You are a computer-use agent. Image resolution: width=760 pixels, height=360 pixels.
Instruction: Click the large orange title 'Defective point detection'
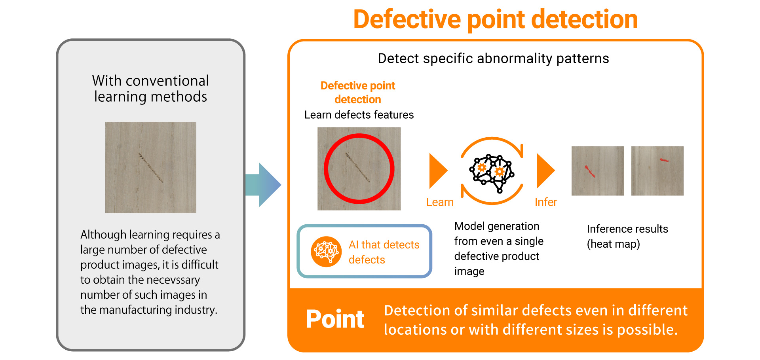coord(495,19)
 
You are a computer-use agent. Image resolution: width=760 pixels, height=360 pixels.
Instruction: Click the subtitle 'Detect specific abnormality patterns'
coord(493,59)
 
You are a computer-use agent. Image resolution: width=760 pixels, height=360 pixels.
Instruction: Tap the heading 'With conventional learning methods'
coord(150,89)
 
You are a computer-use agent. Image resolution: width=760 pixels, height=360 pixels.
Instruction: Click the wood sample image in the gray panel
coord(150,167)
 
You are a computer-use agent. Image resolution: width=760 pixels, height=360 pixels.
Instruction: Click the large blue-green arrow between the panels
coord(263,185)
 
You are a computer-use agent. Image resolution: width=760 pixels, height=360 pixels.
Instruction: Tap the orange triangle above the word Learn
coord(437,171)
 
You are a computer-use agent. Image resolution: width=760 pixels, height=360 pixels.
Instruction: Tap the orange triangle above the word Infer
coord(544,171)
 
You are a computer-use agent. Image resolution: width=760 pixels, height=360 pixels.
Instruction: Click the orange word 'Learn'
coord(440,202)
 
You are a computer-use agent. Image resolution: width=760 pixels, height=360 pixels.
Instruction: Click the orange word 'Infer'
coord(545,202)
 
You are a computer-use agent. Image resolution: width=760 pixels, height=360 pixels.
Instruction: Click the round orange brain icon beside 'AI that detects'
coord(326,252)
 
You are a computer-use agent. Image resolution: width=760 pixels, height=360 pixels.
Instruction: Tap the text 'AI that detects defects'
coord(384,252)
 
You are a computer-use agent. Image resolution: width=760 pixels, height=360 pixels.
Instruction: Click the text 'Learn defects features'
coord(359,115)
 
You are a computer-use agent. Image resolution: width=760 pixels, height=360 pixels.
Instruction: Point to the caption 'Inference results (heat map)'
coord(627,236)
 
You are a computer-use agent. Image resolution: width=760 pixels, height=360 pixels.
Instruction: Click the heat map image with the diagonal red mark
coord(597,171)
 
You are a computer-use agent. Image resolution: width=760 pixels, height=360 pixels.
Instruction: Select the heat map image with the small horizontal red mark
coord(657,171)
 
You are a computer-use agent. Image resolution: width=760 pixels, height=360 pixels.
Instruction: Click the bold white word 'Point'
coord(335,319)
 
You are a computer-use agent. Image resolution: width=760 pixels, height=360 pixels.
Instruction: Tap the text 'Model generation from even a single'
coord(498,233)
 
